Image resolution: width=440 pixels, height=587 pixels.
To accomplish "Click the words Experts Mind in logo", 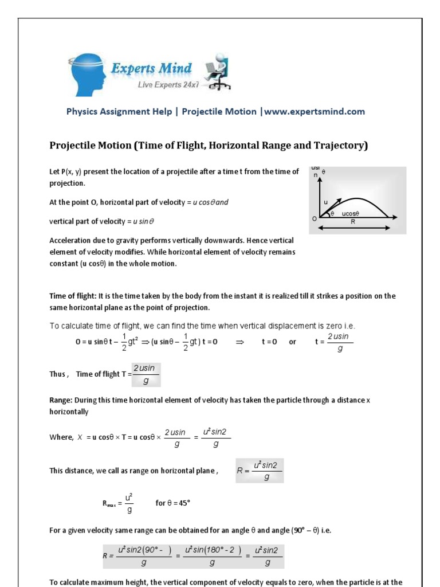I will coord(151,69).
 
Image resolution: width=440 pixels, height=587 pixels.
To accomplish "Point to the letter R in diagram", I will coord(353,220).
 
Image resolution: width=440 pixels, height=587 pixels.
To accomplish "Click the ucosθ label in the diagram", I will coord(350,213).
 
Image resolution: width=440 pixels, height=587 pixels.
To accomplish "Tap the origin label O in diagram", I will coord(314,219).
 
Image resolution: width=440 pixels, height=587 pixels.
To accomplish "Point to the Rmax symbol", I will coord(109,503).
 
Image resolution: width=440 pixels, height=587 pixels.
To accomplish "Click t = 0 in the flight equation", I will coord(272,342).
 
